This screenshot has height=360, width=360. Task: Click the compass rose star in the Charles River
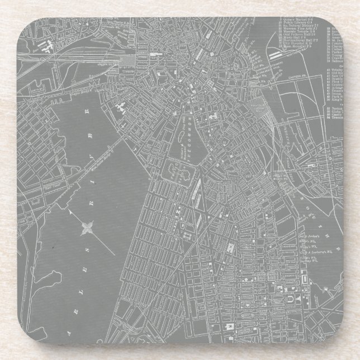[x=87, y=228]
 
